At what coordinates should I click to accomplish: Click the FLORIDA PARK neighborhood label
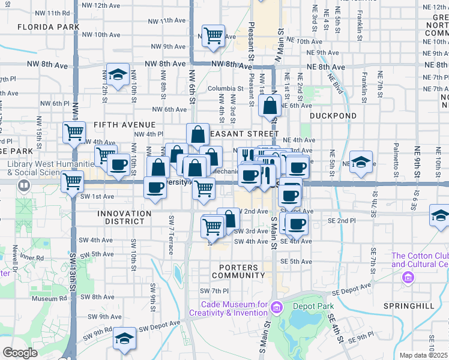click(x=49, y=27)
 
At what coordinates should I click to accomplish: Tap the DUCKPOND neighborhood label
click(x=333, y=115)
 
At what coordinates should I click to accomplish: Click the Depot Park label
click(x=312, y=306)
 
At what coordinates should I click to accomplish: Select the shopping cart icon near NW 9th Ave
click(x=213, y=35)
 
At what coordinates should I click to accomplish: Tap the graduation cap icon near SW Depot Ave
click(x=124, y=338)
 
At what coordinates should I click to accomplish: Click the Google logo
click(x=20, y=353)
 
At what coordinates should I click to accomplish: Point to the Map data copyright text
click(x=424, y=355)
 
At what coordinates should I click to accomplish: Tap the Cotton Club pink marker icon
click(x=408, y=278)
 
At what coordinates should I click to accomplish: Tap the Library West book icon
click(x=23, y=185)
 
